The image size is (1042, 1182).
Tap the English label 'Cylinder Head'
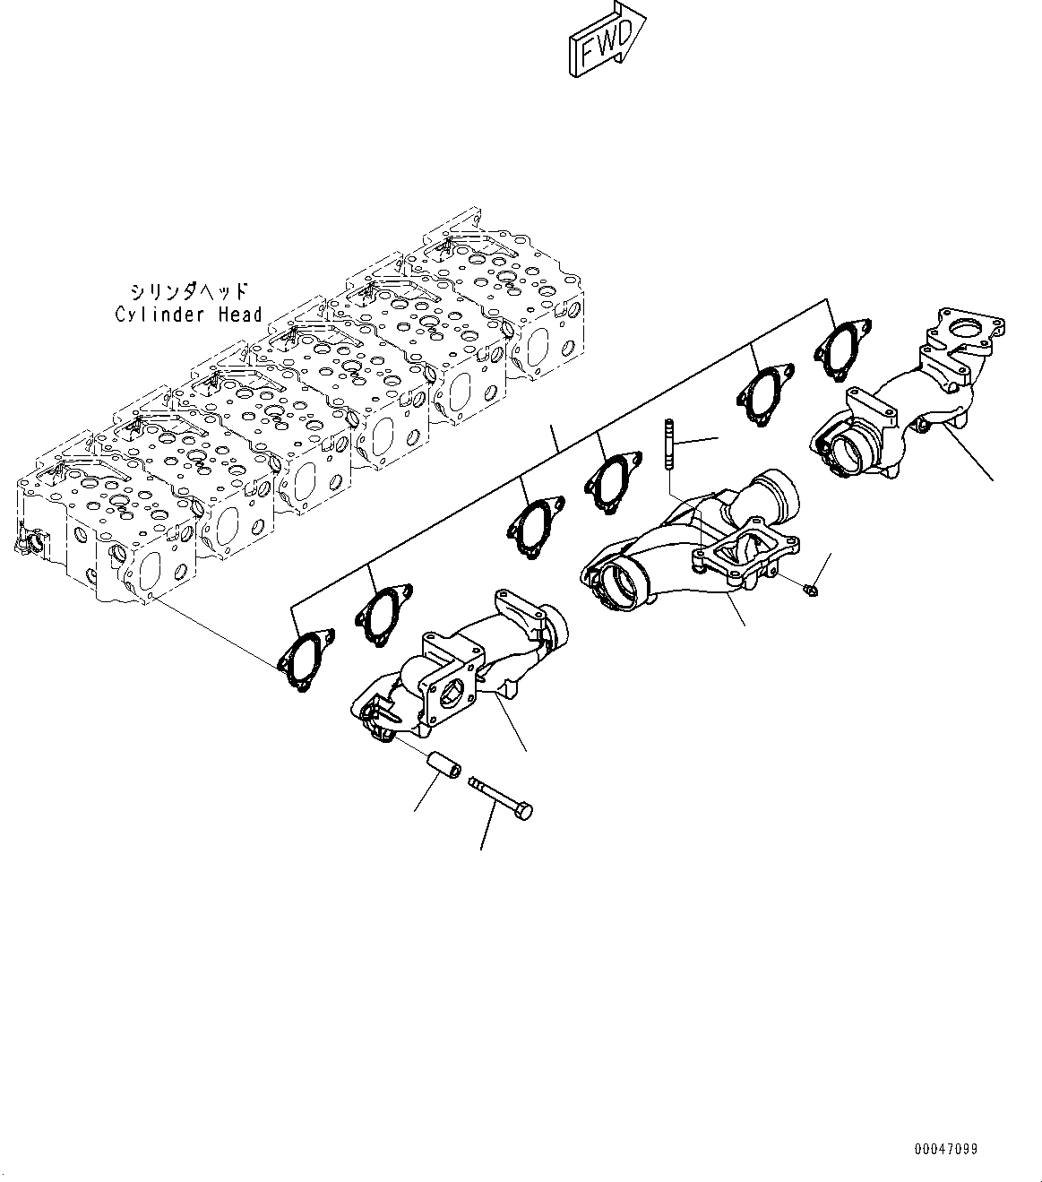[x=189, y=314]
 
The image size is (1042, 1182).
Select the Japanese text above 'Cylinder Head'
[x=189, y=292]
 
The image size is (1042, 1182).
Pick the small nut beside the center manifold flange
[x=809, y=589]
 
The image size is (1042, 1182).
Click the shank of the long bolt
[x=493, y=794]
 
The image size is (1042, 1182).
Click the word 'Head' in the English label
[x=239, y=314]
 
